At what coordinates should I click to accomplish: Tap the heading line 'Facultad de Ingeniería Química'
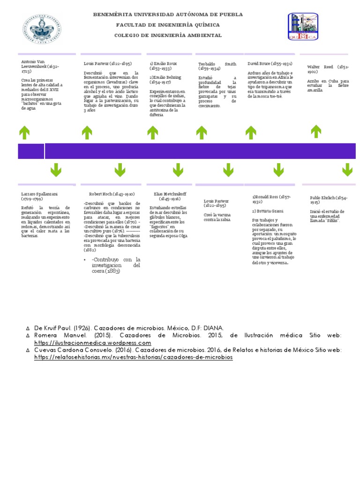(168, 25)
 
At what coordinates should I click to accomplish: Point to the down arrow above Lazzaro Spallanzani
(57, 170)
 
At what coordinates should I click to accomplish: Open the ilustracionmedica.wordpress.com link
(93, 343)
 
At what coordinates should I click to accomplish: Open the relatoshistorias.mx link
(134, 357)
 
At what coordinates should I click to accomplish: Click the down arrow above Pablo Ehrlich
(347, 170)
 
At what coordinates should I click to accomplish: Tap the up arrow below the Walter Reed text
(317, 133)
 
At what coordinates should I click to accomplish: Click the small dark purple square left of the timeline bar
(30, 151)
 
